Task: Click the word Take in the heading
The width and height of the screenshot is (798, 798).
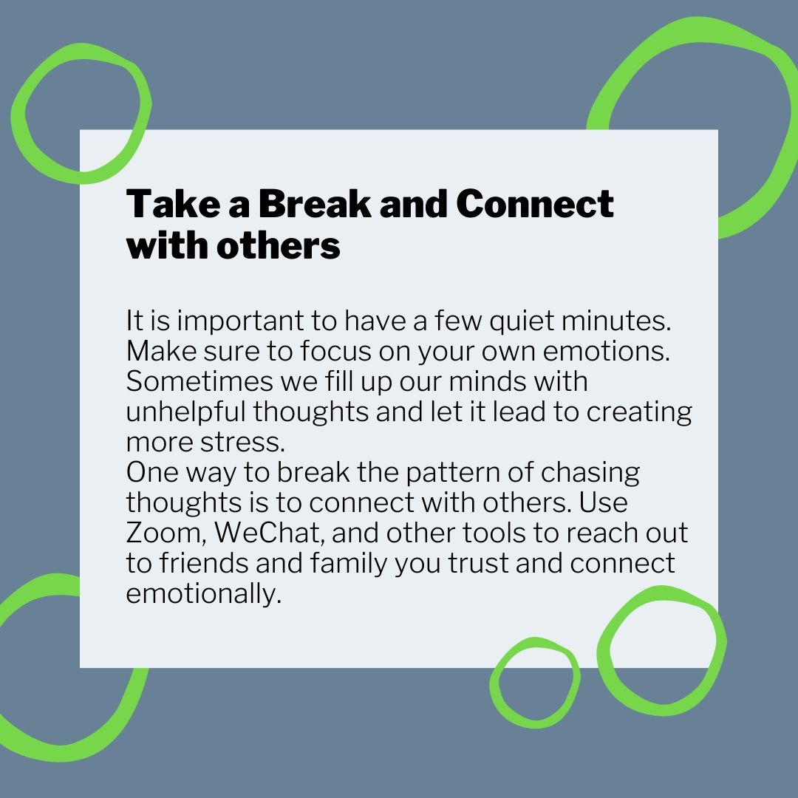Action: [x=172, y=204]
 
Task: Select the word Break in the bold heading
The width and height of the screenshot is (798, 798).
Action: [x=315, y=204]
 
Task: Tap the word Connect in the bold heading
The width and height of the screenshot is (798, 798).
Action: [x=534, y=204]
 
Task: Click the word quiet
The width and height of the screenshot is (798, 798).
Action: [x=522, y=321]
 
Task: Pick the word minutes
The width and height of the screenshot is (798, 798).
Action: [x=616, y=321]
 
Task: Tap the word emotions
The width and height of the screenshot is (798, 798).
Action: [x=606, y=351]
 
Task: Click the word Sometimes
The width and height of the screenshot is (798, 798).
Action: [x=199, y=381]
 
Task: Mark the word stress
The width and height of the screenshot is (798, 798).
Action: [x=242, y=443]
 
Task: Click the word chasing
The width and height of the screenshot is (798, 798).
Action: [x=590, y=473]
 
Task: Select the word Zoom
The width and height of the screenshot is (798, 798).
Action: [x=166, y=533]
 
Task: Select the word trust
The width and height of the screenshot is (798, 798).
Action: [x=477, y=564]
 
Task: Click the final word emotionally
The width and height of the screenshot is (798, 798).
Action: [x=204, y=594]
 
